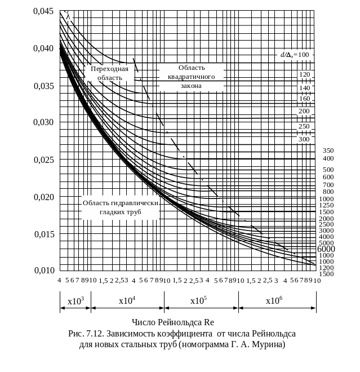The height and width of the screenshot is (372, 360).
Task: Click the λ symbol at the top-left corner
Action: (68, 16)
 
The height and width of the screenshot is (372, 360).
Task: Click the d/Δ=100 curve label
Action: (296, 55)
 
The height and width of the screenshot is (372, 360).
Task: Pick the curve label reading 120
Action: (305, 74)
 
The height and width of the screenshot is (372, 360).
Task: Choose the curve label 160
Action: (305, 99)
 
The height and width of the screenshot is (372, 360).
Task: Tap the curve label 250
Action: (305, 126)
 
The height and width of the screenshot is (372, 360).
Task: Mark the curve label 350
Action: (328, 150)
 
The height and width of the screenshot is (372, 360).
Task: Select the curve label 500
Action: (328, 169)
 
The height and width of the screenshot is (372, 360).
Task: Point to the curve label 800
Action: (328, 192)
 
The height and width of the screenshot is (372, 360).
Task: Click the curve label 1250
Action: (326, 205)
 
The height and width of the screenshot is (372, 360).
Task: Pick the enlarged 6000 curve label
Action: (327, 249)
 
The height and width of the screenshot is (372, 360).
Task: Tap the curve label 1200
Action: (326, 267)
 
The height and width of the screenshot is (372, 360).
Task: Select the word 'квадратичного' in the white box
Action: (191, 76)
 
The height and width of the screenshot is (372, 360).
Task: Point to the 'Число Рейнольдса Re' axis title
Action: (173, 323)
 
